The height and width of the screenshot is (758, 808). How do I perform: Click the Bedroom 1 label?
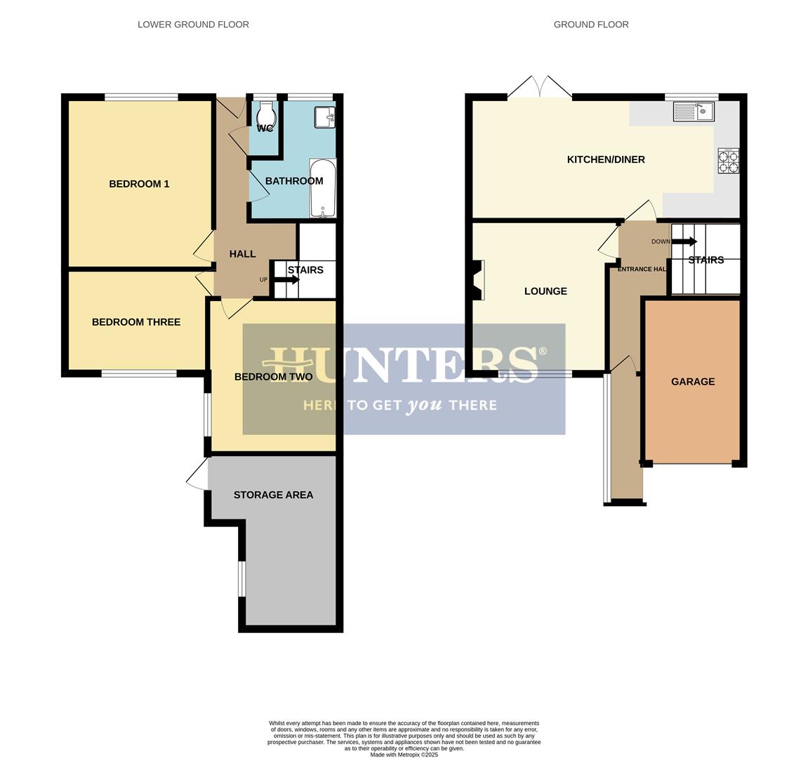tap(139, 184)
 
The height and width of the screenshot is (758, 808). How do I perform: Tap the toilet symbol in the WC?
tap(265, 115)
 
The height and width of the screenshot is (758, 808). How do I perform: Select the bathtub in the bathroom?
tap(323, 188)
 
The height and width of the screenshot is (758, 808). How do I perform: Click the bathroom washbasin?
tap(324, 117)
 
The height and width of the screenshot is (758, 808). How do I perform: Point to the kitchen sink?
tap(693, 111)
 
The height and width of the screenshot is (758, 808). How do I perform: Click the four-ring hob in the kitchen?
tap(728, 161)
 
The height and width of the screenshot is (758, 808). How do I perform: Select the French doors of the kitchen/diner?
tap(540, 87)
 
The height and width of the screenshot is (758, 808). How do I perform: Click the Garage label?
tap(693, 382)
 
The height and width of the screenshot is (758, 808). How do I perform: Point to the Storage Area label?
tap(273, 495)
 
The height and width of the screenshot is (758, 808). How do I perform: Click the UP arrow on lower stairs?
tap(286, 279)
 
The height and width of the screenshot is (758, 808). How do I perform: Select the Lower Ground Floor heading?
tap(193, 25)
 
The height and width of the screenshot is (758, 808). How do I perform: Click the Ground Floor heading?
tap(591, 25)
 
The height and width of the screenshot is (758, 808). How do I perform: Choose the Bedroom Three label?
tap(136, 322)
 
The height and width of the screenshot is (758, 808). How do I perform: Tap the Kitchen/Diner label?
tap(606, 159)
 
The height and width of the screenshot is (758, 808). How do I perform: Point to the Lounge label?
tap(545, 291)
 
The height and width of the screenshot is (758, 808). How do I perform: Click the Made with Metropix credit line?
tap(404, 754)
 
